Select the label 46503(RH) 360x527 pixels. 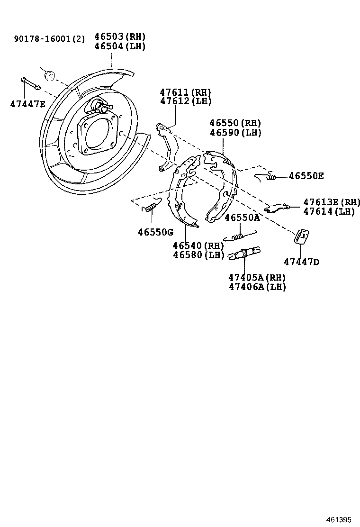[x=120, y=36]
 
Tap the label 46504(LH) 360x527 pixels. [x=120, y=46]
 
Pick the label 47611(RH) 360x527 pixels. [x=185, y=92]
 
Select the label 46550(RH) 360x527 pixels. [x=235, y=123]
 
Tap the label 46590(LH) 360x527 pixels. [x=235, y=133]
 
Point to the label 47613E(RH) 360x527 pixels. [x=332, y=202]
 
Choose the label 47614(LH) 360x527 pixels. [x=329, y=212]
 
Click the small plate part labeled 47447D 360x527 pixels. [x=301, y=236]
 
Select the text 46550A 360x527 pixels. [x=242, y=218]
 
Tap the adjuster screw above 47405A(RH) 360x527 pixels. [x=244, y=253]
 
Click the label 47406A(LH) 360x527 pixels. [x=257, y=287]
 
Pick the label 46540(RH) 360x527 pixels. [x=198, y=245]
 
